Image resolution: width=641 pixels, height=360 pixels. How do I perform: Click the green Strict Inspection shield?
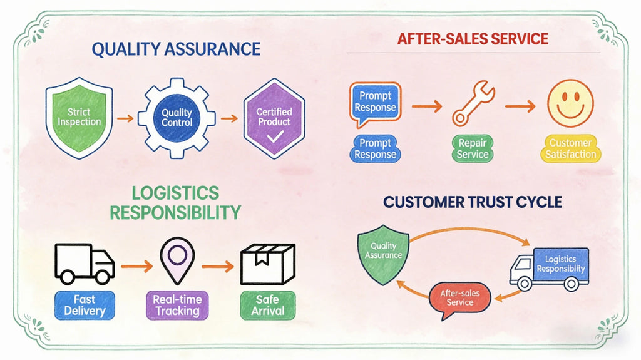79,118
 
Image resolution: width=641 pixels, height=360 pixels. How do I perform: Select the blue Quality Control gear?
177,118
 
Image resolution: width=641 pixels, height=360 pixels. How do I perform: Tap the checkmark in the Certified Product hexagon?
275,136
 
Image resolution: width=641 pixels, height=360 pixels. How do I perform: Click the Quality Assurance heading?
176,49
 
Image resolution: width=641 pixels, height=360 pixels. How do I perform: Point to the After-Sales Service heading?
473,39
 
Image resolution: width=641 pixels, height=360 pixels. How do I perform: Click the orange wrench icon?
473,103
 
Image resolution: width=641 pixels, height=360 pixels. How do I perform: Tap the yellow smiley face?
570,103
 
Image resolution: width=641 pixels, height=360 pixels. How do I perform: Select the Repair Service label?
473,148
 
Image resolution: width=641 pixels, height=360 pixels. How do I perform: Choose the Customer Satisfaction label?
571,148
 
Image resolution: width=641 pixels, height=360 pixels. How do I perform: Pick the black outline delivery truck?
85,264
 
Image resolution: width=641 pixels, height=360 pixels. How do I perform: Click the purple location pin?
177,260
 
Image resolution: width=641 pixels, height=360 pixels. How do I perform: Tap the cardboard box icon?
268,264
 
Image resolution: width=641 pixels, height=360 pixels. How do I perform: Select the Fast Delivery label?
85,305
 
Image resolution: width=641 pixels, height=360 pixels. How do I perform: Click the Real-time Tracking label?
177,305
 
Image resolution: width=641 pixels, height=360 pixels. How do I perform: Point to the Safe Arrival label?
268,305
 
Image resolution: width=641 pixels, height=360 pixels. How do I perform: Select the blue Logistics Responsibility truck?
549,269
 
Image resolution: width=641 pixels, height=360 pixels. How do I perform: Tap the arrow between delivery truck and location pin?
137,267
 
